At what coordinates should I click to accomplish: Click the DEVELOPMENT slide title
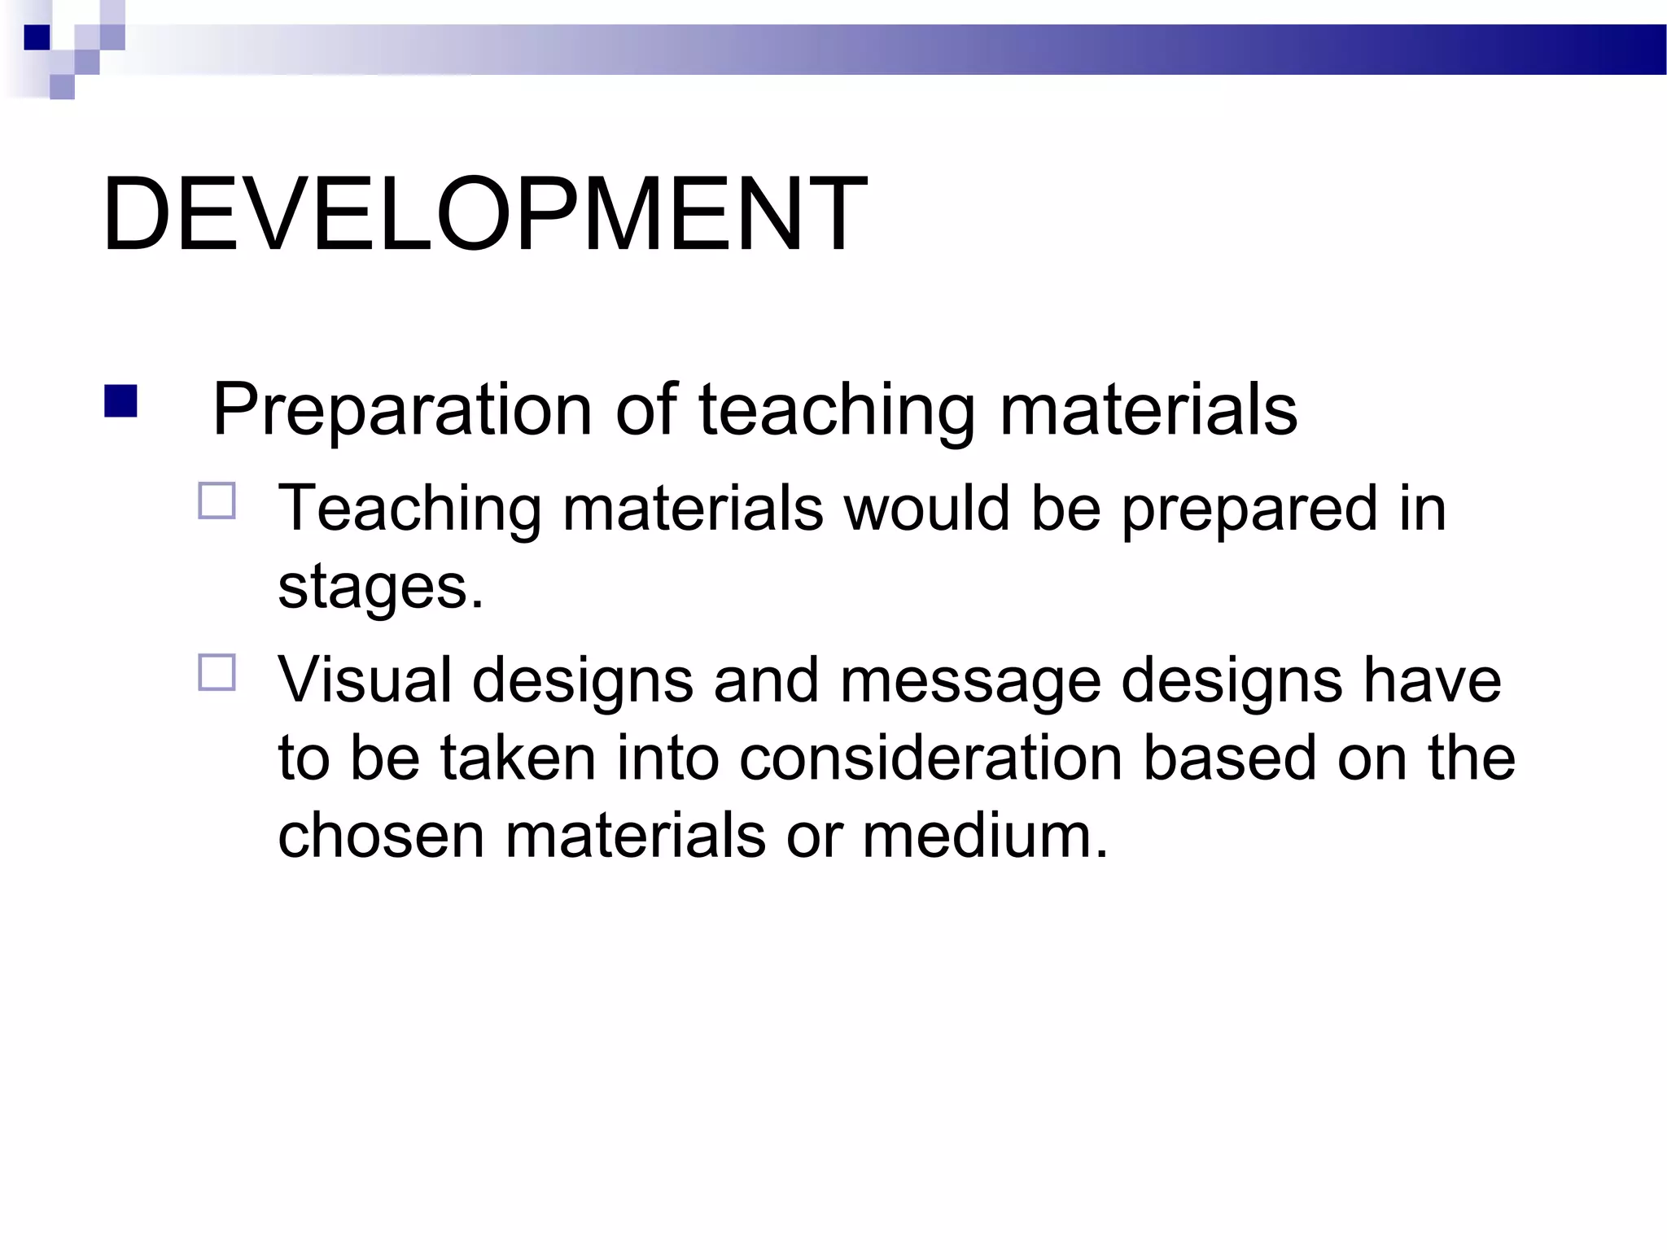[485, 216]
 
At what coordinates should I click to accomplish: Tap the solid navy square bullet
[120, 402]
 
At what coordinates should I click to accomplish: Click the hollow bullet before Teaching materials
[217, 501]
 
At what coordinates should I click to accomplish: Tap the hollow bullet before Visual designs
[217, 673]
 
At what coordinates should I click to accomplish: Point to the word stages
[380, 588]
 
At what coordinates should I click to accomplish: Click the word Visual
[364, 680]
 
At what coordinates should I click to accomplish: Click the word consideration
[930, 758]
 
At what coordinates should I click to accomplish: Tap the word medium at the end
[984, 836]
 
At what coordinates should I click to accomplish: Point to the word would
[926, 509]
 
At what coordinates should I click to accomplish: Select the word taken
[518, 758]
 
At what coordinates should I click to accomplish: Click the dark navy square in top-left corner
[37, 37]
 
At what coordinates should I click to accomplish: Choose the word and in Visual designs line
[765, 680]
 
